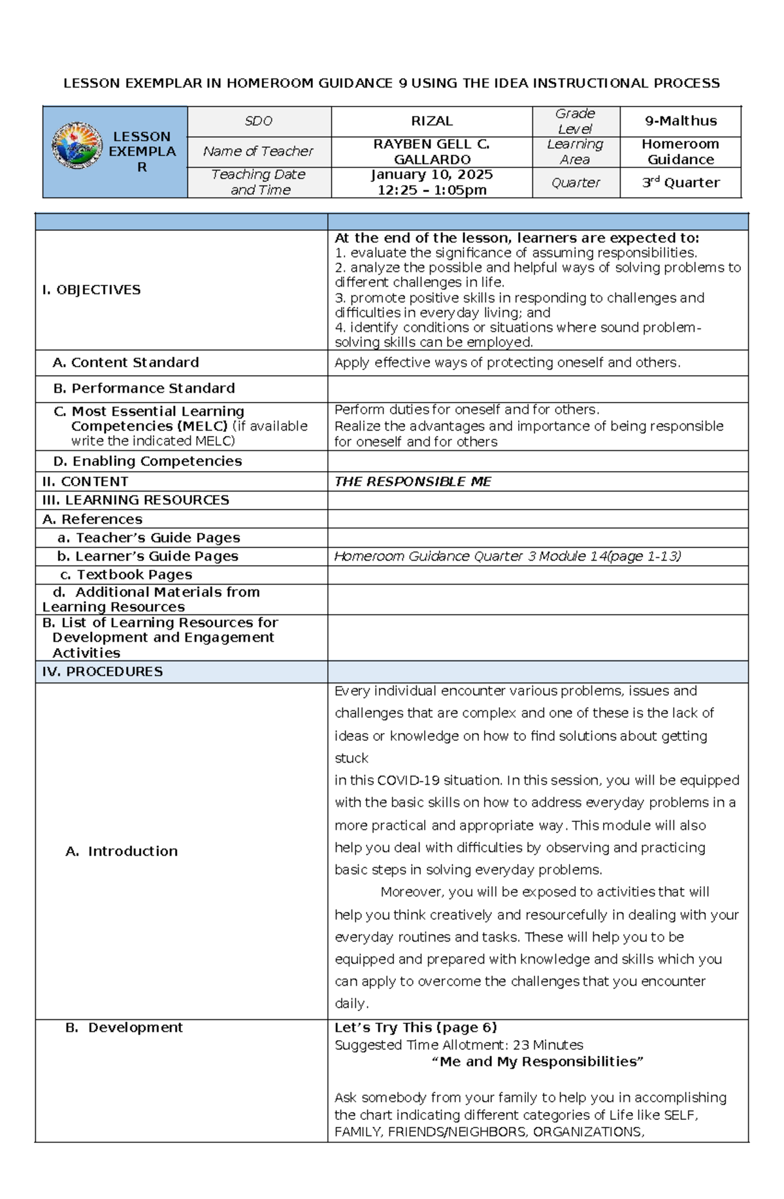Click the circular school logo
coord(77,146)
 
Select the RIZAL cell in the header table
coord(431,121)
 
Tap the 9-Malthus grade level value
coord(680,121)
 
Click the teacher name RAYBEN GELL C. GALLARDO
coord(431,152)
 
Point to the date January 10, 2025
coord(431,174)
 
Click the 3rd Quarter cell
coord(680,183)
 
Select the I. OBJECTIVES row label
coord(91,289)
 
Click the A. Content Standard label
coord(125,363)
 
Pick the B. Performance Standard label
coord(144,388)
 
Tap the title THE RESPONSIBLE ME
coord(412,482)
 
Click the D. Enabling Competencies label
coord(147,461)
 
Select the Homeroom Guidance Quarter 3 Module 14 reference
coord(507,556)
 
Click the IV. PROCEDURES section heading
coord(102,672)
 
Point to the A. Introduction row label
coord(122,851)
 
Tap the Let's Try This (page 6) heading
coord(416,1027)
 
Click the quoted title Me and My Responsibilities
coord(537,1062)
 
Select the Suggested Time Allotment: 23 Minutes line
coord(458,1045)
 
